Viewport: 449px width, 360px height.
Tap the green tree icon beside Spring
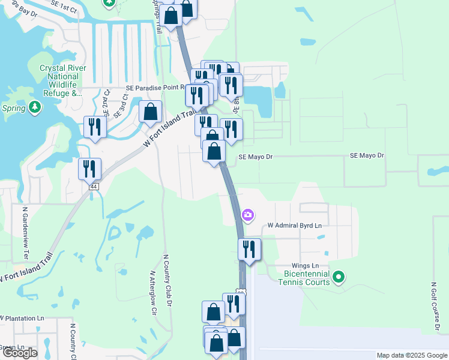pyautogui.click(x=35, y=107)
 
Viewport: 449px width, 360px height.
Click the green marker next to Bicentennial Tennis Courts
pyautogui.click(x=339, y=277)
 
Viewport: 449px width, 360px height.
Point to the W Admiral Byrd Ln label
pyautogui.click(x=294, y=226)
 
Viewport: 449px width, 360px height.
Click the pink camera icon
pyautogui.click(x=247, y=214)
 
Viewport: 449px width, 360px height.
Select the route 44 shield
pyautogui.click(x=94, y=187)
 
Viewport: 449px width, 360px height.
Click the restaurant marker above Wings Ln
pyautogui.click(x=249, y=249)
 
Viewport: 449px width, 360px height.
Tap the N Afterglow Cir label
pyautogui.click(x=152, y=293)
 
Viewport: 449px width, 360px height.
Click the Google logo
pyautogui.click(x=19, y=353)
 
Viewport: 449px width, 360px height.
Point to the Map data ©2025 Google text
pyautogui.click(x=411, y=355)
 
